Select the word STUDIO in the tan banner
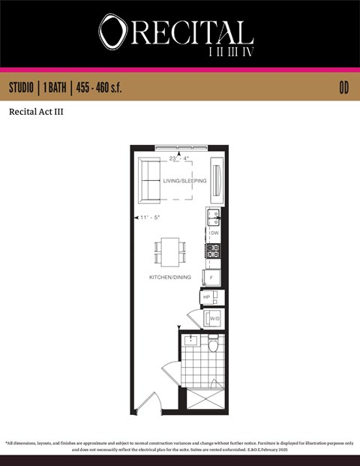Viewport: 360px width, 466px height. point(25,88)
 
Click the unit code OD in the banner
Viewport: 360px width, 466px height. point(344,88)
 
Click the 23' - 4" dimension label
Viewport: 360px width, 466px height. point(178,158)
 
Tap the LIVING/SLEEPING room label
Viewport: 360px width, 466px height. point(184,181)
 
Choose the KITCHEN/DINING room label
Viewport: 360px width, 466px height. point(169,277)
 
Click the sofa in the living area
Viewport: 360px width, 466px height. point(151,182)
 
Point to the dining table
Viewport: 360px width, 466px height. point(170,251)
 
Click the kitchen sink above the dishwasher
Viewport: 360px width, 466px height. point(213,218)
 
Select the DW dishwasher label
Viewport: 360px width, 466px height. point(214,233)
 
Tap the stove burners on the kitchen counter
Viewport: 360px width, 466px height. point(213,251)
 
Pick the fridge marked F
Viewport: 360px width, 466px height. point(213,277)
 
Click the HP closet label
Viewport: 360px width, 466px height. point(207,297)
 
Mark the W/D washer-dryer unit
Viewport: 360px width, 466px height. point(214,318)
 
